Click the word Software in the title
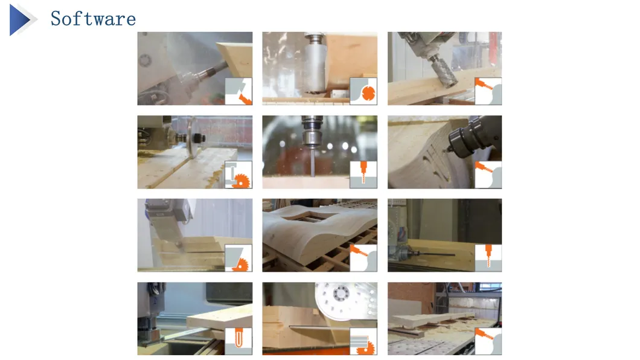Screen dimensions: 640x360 [x=93, y=19]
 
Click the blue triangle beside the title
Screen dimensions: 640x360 [x=19, y=19]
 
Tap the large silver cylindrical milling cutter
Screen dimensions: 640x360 [x=315, y=65]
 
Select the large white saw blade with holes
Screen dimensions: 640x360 [x=345, y=301]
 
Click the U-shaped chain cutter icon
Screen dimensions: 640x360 [x=238, y=341]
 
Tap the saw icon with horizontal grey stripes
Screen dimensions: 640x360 [x=363, y=341]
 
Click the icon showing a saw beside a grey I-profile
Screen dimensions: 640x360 [x=238, y=175]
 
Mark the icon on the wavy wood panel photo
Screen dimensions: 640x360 [x=363, y=258]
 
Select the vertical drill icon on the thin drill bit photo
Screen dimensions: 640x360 [x=363, y=175]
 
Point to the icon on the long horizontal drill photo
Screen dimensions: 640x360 [x=488, y=258]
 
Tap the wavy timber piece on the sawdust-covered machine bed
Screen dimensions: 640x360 [x=433, y=319]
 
